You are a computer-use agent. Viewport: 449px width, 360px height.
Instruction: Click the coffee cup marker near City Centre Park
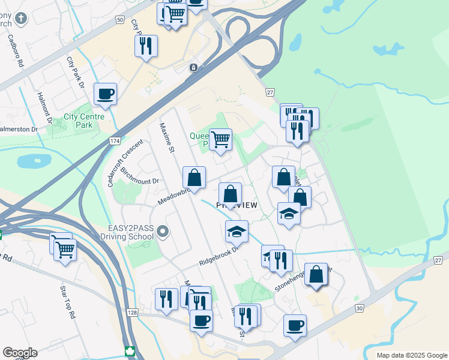click(105, 94)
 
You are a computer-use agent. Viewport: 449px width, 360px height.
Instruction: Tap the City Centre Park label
click(79, 121)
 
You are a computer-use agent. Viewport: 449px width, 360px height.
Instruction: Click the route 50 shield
click(119, 20)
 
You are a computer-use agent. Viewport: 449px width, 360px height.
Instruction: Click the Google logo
click(20, 353)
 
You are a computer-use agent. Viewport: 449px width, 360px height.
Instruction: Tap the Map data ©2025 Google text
click(411, 355)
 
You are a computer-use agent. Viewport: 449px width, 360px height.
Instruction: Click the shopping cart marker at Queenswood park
click(220, 139)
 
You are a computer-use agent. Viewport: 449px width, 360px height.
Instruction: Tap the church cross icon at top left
click(20, 17)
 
